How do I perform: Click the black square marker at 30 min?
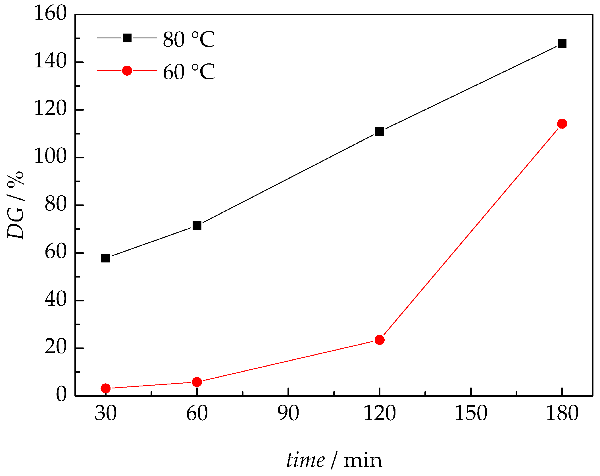click(106, 258)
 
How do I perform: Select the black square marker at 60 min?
click(197, 226)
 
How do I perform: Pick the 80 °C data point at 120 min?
click(380, 132)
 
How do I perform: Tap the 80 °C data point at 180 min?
click(562, 44)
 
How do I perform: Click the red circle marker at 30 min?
click(106, 388)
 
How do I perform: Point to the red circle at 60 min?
click(197, 382)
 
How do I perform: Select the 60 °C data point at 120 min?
click(380, 340)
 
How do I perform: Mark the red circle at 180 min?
click(562, 124)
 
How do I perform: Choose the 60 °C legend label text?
click(189, 72)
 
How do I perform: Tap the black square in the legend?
click(127, 38)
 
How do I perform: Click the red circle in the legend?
click(127, 71)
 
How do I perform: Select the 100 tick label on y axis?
click(50, 156)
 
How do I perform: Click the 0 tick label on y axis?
click(61, 394)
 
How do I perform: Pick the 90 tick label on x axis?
click(288, 413)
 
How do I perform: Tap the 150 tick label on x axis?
click(471, 413)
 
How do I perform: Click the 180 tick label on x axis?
click(562, 413)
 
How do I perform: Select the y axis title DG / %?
click(16, 205)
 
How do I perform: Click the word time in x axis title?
click(305, 460)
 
